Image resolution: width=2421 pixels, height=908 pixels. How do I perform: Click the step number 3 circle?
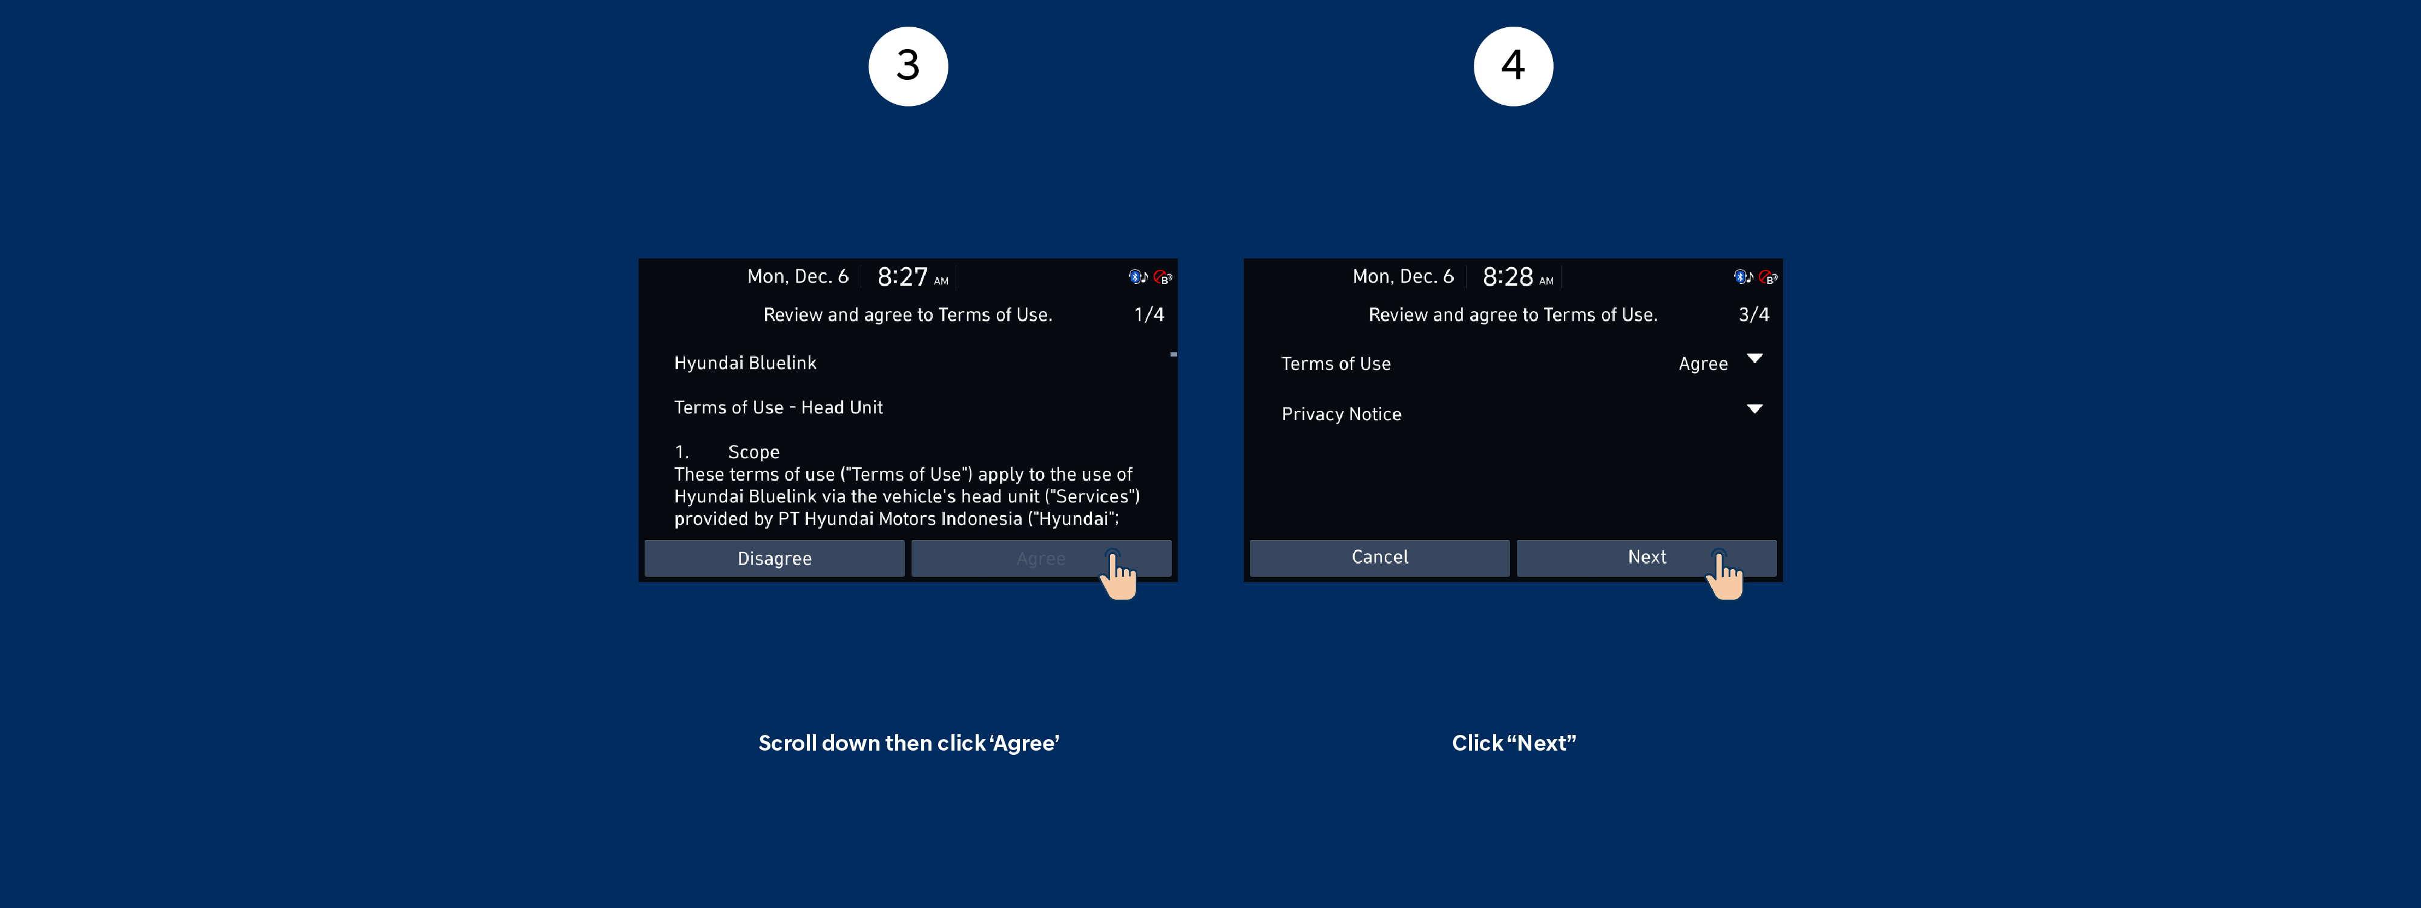[x=908, y=66]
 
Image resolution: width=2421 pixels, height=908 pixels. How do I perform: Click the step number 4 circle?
[x=1513, y=66]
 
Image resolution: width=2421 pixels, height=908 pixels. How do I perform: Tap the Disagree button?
[x=775, y=558]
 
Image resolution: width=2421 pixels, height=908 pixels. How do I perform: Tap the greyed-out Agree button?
[x=1040, y=558]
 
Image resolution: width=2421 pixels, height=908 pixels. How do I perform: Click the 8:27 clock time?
[x=902, y=277]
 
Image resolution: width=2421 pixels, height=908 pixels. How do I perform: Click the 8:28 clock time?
[x=1508, y=277]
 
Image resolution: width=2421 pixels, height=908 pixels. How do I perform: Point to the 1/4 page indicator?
[x=1149, y=315]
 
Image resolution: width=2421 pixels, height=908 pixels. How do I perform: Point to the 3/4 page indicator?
[x=1754, y=315]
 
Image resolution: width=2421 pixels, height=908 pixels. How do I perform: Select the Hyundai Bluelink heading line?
[x=745, y=363]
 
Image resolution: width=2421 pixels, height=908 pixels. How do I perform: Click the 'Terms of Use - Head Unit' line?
[x=778, y=407]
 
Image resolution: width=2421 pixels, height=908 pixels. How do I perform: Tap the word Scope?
[x=754, y=452]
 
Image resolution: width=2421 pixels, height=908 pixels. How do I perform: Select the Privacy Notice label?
[x=1341, y=415]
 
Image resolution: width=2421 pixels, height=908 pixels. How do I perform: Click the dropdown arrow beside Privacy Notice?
[x=1755, y=409]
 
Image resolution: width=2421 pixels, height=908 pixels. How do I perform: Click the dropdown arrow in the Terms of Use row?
[x=1755, y=358]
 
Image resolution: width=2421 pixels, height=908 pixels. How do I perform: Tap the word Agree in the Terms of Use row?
[x=1703, y=364]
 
